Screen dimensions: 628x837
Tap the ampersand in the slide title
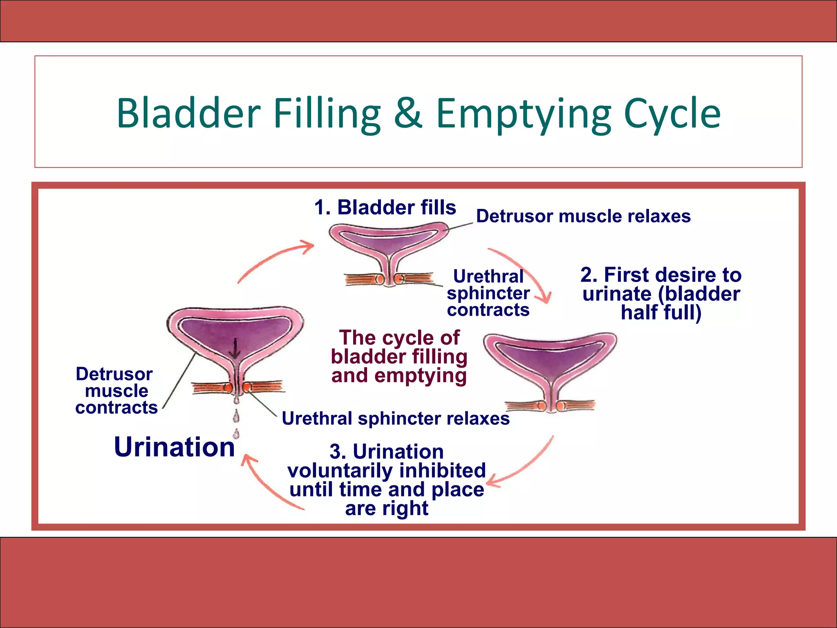point(408,113)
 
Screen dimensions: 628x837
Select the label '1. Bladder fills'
point(385,207)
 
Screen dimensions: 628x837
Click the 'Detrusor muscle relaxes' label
point(583,216)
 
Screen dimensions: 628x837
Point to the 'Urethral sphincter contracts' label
point(488,293)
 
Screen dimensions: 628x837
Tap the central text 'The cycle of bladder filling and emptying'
point(399,357)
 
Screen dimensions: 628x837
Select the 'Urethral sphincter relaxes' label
point(396,418)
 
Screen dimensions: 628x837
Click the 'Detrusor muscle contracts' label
point(116,391)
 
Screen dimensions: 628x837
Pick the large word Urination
point(175,446)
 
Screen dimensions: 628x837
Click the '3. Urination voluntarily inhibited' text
point(387,480)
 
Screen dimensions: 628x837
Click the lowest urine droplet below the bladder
point(236,433)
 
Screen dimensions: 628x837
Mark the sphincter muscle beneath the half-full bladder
point(550,406)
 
